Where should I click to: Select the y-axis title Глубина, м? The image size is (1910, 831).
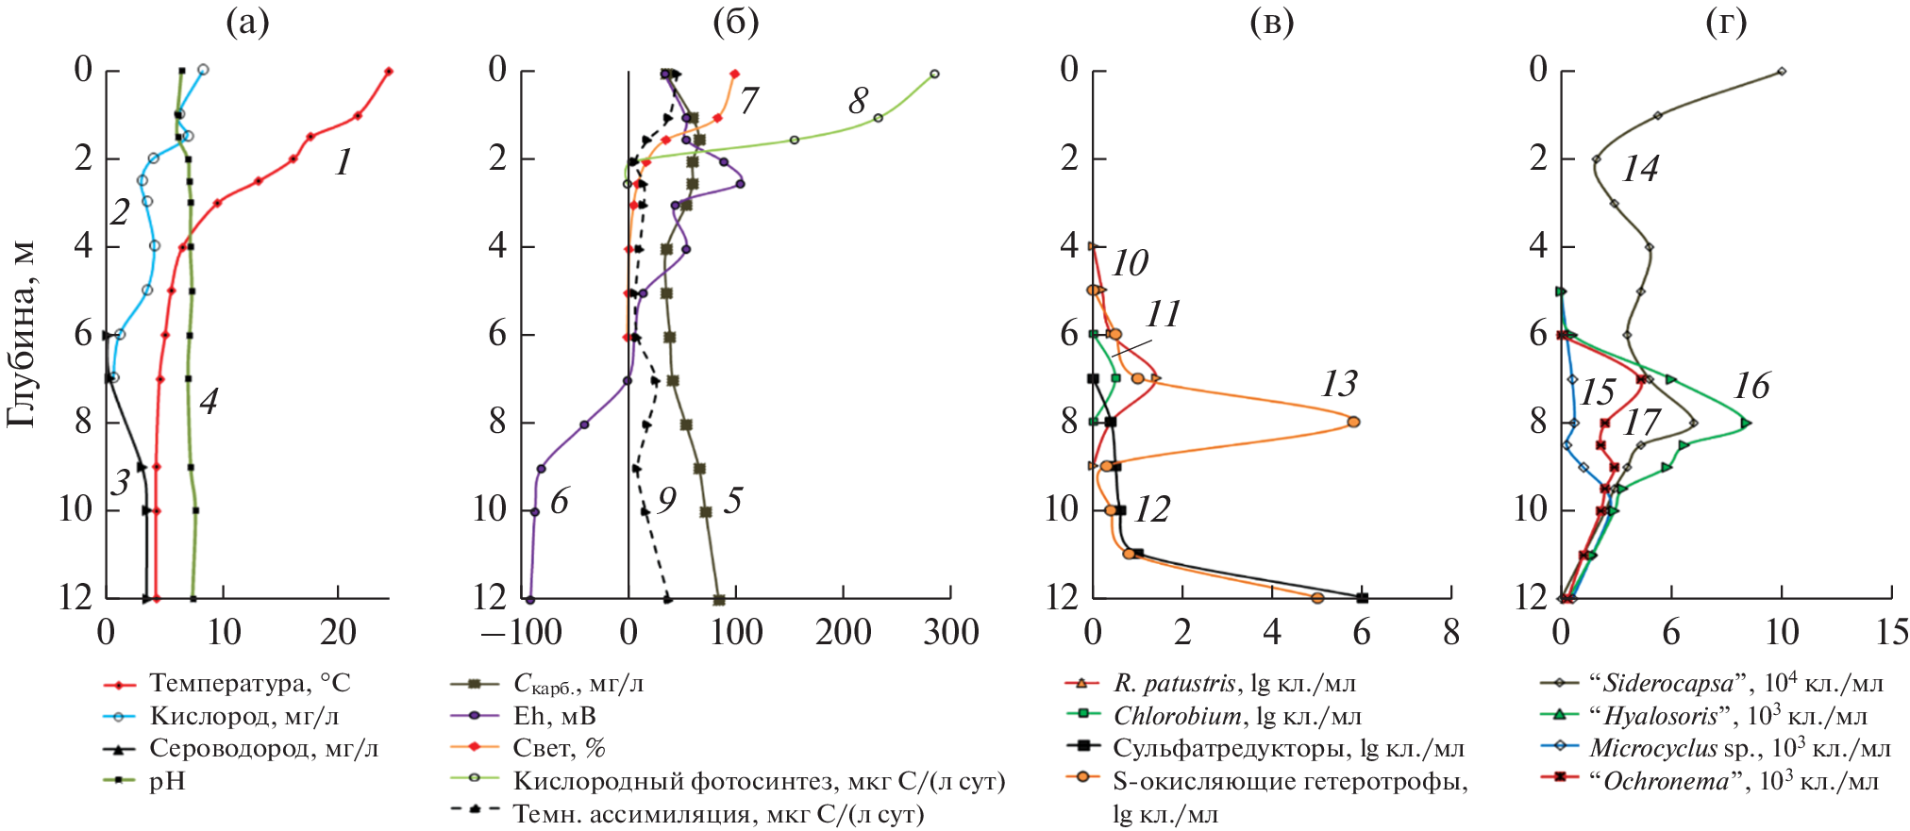[21, 334]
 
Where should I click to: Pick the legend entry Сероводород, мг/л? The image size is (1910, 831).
[263, 749]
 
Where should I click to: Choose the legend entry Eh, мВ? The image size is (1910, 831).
[554, 717]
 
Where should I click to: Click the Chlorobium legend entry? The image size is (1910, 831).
[1237, 717]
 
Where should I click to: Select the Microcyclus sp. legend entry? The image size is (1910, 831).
[1738, 749]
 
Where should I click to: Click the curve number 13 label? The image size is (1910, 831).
[1339, 384]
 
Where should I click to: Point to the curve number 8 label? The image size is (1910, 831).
[858, 100]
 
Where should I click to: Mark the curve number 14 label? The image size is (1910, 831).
[1640, 169]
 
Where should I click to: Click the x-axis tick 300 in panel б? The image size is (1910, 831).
[951, 633]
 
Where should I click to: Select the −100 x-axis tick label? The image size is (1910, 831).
[522, 633]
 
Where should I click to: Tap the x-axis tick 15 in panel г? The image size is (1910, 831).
[1892, 633]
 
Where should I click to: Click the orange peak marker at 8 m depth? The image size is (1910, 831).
[1353, 422]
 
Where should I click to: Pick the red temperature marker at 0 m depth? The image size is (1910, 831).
[388, 72]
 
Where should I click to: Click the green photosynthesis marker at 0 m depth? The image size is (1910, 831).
[934, 74]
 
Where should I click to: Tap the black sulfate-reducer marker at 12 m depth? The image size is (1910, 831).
[1362, 598]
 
